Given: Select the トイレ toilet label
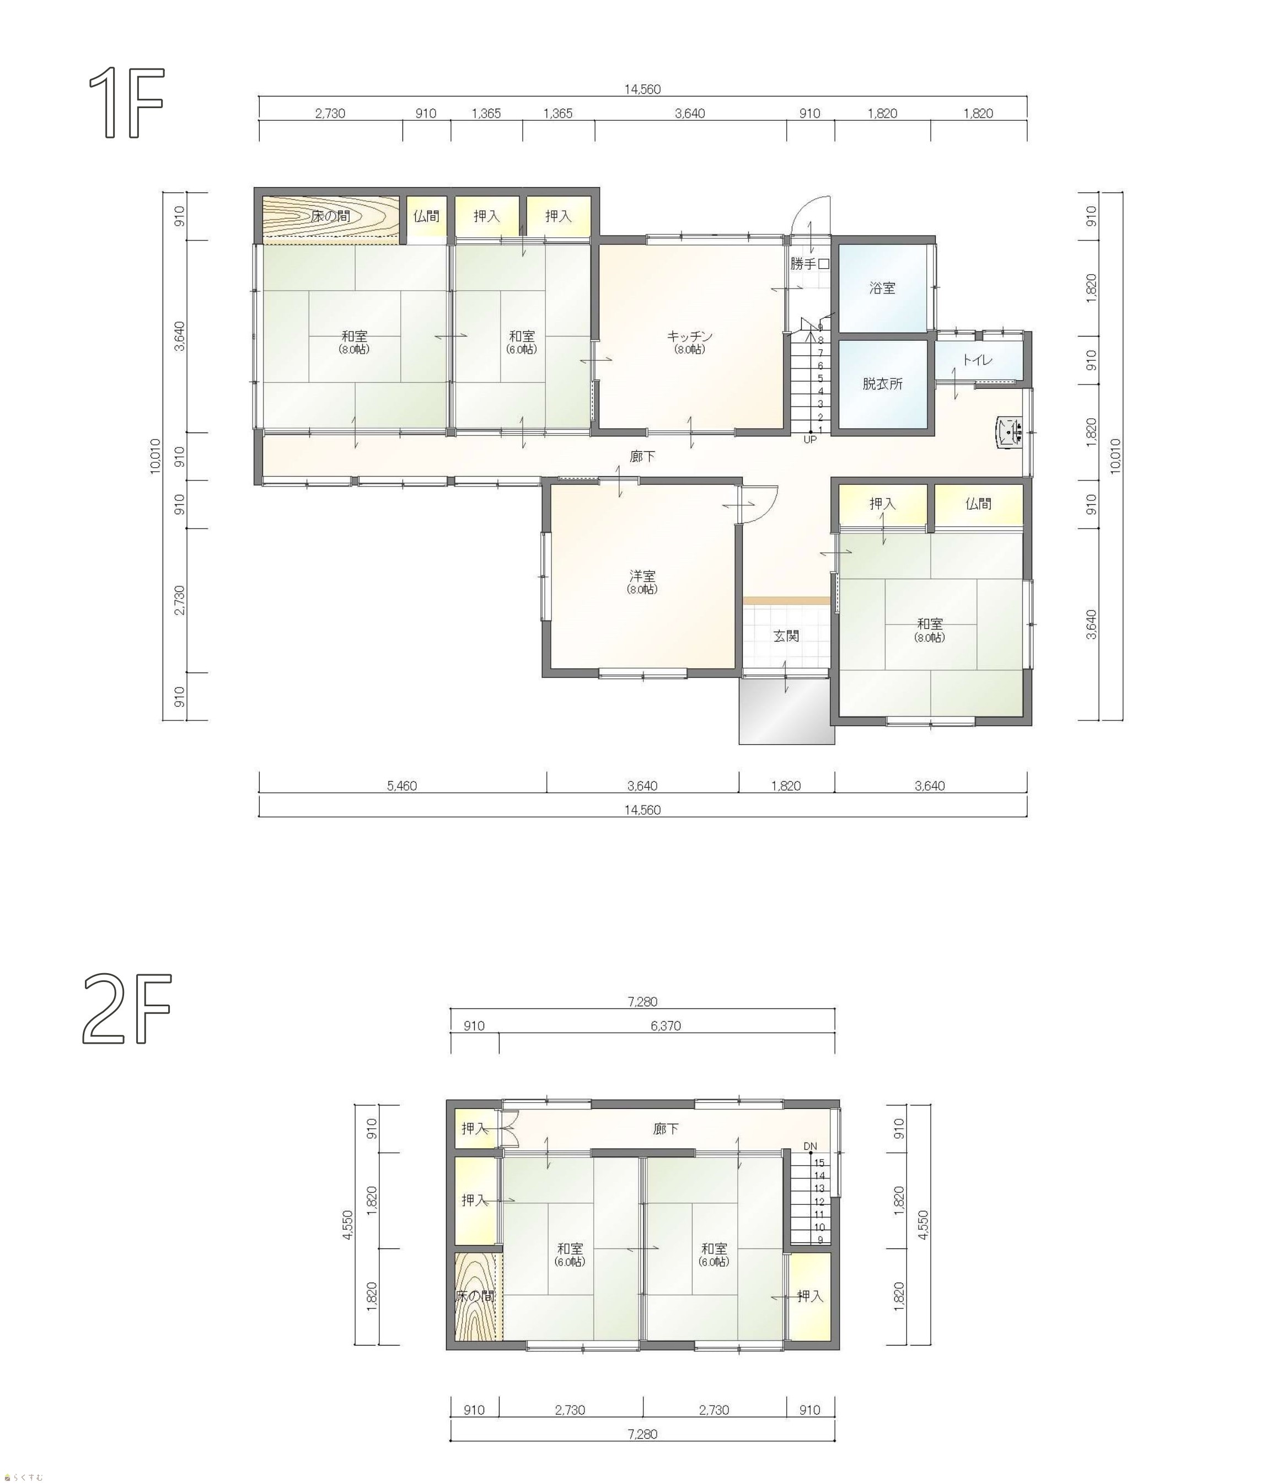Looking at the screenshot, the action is point(978,360).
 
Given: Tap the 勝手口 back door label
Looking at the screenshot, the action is point(810,264).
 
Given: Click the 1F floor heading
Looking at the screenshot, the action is point(127,102).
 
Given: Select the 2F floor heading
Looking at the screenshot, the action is point(127,1008).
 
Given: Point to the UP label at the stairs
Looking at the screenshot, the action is point(810,439).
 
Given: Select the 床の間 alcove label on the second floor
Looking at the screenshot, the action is point(475,1296).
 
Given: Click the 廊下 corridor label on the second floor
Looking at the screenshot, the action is point(666,1129).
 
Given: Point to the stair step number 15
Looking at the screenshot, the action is point(819,1162).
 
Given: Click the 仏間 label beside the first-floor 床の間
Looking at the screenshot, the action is point(426,216).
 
